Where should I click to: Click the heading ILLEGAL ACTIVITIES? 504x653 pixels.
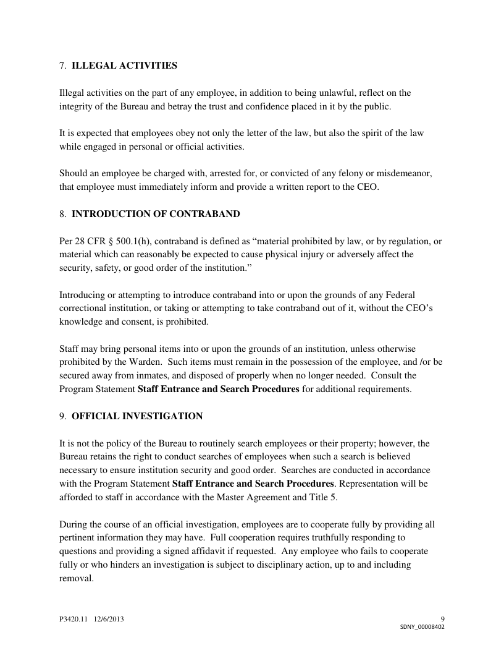[x=125, y=65]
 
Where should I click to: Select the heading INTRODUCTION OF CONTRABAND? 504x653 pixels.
[x=156, y=214]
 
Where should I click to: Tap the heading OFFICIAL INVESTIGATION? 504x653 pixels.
[x=137, y=416]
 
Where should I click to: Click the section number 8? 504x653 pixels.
[x=62, y=214]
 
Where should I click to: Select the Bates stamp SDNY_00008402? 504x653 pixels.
[x=422, y=626]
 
